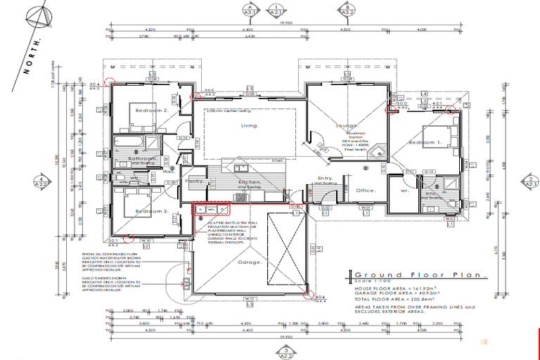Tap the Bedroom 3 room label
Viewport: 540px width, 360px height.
152,211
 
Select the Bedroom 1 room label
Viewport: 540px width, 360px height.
425,143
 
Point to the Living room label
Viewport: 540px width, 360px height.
250,126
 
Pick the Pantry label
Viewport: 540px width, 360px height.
194,181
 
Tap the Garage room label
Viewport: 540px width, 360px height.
250,262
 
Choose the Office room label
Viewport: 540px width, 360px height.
365,190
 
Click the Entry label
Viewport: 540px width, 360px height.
325,178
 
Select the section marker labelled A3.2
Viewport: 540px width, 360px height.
347,10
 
